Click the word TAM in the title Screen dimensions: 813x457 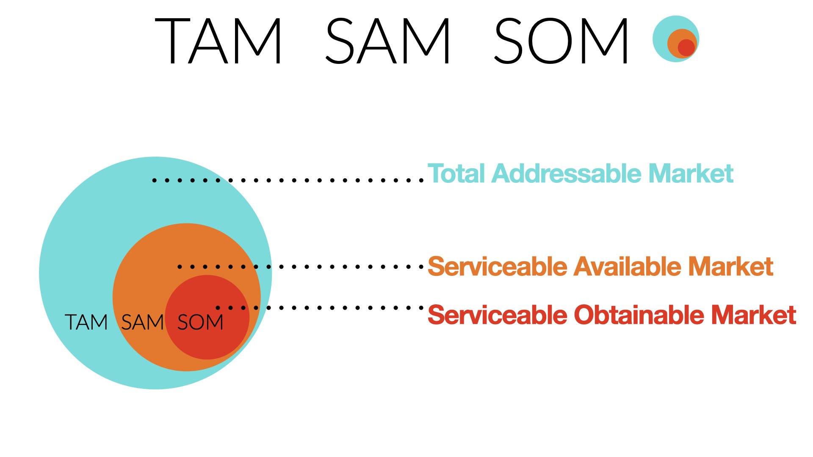click(x=218, y=41)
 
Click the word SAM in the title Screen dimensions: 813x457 click(x=387, y=41)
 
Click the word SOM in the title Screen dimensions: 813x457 click(x=561, y=41)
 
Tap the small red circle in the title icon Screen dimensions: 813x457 click(x=686, y=48)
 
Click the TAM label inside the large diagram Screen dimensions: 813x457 click(x=86, y=322)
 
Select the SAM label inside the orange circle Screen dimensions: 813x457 click(x=143, y=322)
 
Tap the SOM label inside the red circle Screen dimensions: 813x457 click(x=200, y=322)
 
